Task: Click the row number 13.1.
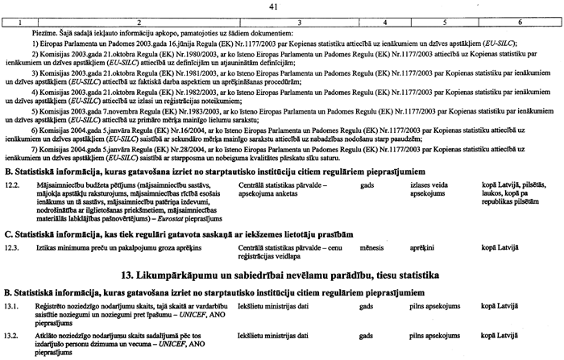click(12, 308)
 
